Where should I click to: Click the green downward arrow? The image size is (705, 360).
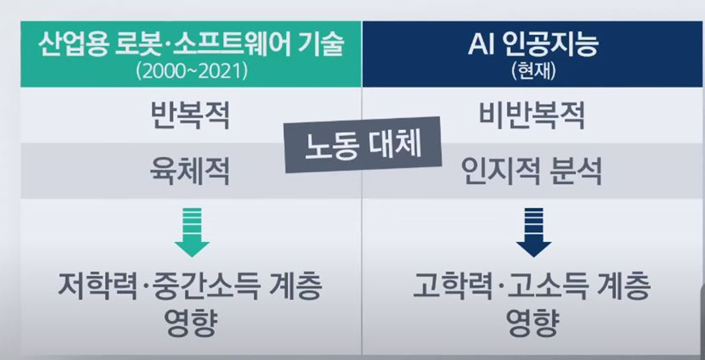click(x=192, y=232)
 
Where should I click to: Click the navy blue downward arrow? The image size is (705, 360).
click(x=534, y=232)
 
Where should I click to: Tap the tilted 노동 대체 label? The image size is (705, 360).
click(x=363, y=144)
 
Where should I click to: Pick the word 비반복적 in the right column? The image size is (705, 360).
click(x=532, y=115)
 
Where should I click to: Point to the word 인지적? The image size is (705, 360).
click(x=501, y=171)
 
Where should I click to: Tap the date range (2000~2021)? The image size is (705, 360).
click(x=192, y=72)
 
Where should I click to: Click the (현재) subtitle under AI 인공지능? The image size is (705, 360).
click(x=534, y=72)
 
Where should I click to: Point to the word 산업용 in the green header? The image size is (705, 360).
click(x=69, y=45)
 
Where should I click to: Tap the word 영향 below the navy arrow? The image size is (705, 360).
click(x=533, y=322)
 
